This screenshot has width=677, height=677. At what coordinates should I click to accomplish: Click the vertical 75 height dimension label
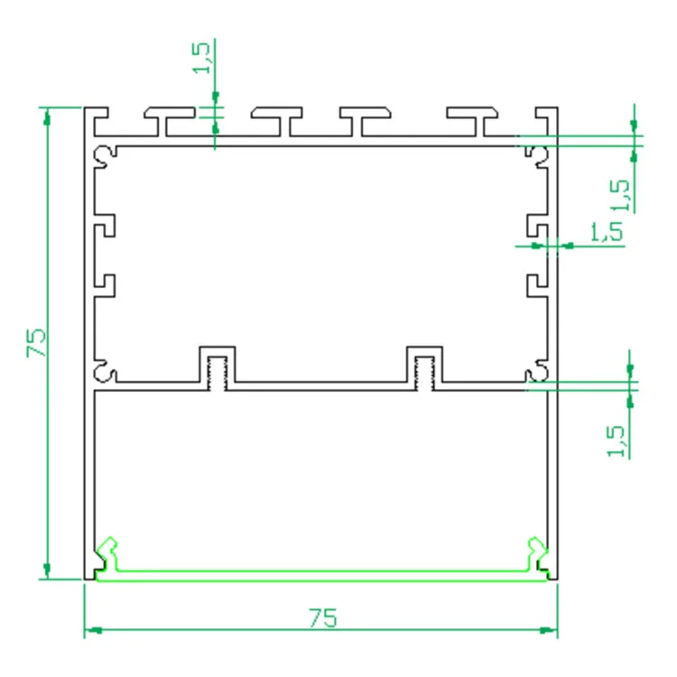point(37,343)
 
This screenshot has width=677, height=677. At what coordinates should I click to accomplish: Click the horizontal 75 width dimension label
point(322,618)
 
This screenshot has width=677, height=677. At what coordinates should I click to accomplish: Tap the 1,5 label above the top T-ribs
point(203,57)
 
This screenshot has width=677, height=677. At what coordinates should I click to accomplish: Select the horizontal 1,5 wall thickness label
point(607,231)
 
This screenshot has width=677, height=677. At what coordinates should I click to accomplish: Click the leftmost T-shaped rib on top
point(169,120)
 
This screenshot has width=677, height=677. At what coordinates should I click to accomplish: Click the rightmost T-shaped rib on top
point(472,120)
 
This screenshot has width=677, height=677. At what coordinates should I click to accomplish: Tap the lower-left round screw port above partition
point(106,371)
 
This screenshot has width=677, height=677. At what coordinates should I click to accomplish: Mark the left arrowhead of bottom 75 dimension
point(91,631)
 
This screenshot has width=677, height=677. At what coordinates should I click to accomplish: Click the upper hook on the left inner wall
point(107,225)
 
